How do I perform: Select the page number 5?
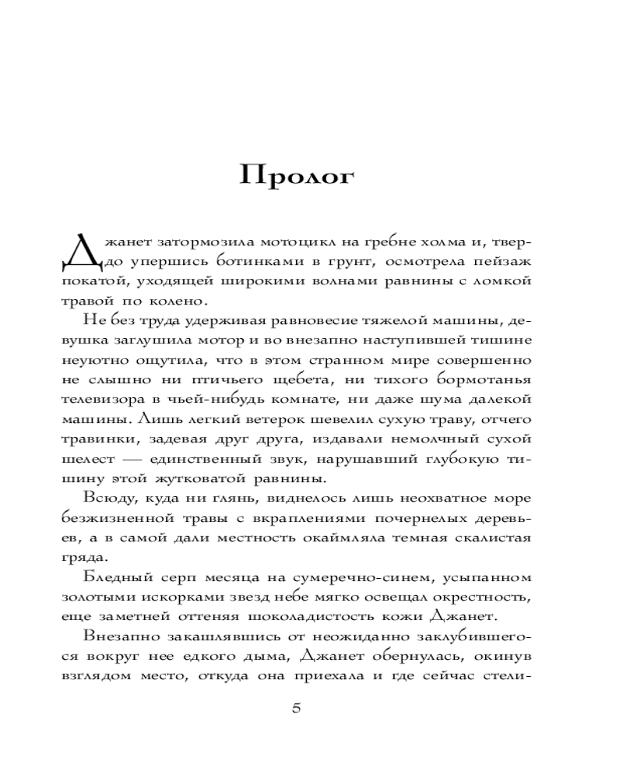(x=295, y=707)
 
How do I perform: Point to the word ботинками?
(x=249, y=257)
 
